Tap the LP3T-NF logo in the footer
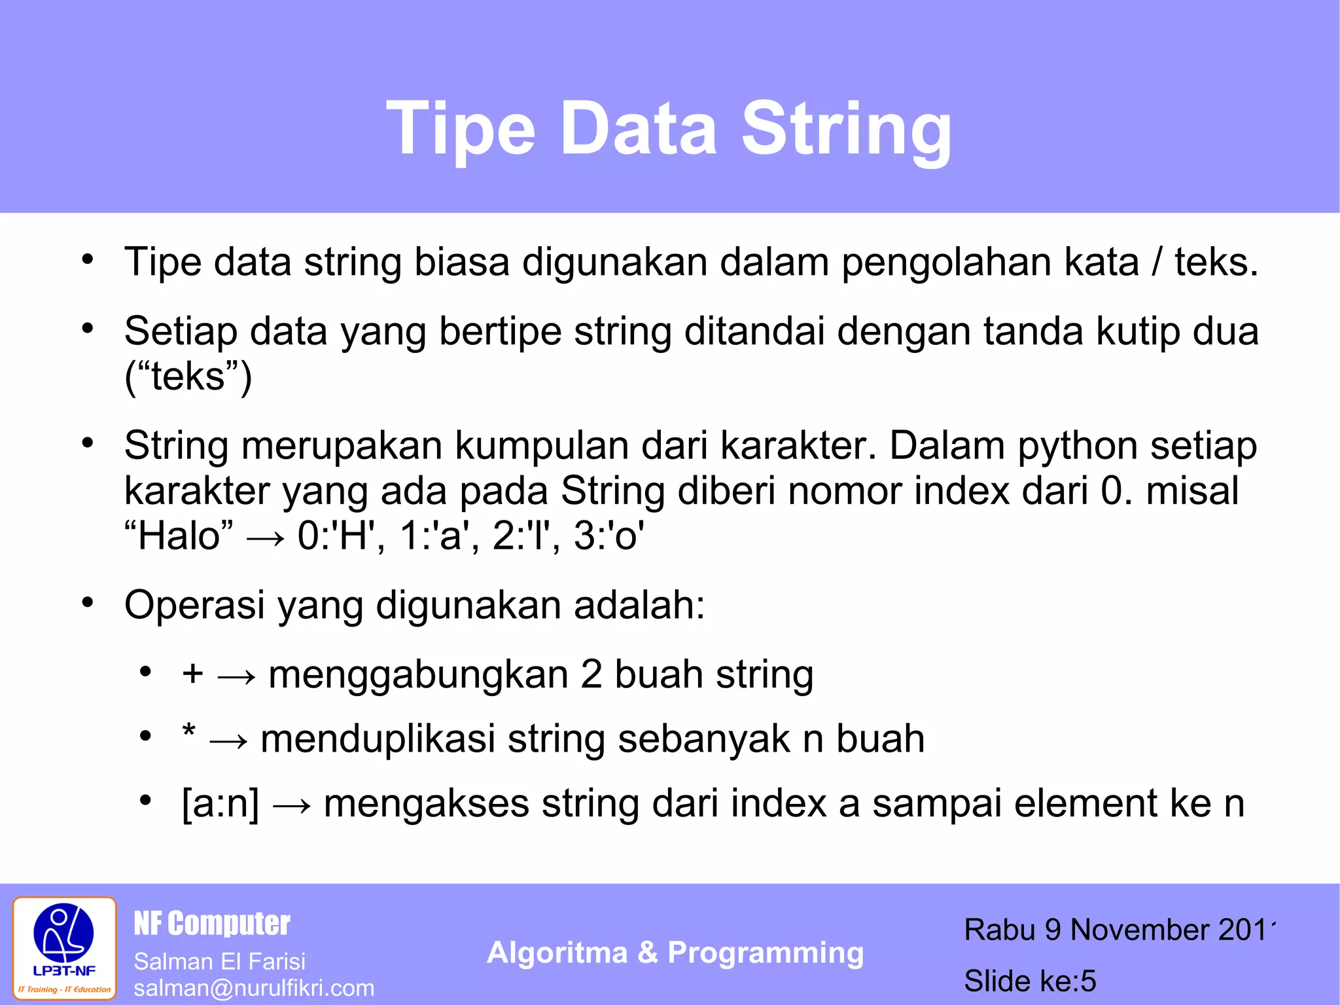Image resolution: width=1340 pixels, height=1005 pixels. tap(64, 947)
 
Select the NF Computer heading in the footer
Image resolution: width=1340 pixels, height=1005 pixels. tap(211, 924)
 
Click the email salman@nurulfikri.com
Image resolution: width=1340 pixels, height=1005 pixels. tap(254, 988)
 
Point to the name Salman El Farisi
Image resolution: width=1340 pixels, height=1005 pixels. tap(219, 961)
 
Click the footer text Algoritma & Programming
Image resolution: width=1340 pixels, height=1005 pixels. tap(675, 953)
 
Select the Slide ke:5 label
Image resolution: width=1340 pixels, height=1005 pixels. tap(1029, 981)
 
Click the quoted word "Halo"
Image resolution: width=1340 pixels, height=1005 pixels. tap(178, 536)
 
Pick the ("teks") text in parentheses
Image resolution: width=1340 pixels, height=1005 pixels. tap(188, 376)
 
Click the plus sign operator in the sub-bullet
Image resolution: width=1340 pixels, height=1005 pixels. tap(192, 674)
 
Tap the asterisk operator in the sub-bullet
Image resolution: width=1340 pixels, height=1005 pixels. tap(189, 732)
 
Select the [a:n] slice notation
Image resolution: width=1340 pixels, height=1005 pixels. tap(220, 803)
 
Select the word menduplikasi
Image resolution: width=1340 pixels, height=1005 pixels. tap(378, 739)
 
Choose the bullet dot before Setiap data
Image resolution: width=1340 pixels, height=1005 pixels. tap(88, 327)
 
